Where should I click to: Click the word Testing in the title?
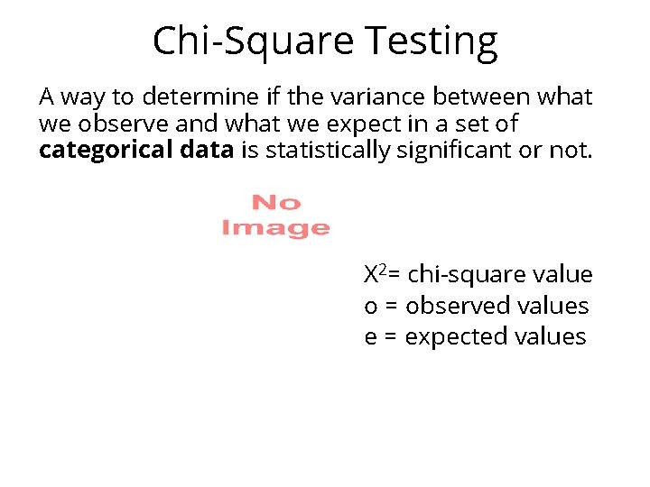coord(432,41)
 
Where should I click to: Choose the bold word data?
coord(207,151)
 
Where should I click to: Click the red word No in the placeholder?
coord(275,204)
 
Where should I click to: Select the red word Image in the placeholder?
coord(275,228)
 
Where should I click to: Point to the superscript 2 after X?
coord(382,271)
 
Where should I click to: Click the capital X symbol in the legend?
coord(370,275)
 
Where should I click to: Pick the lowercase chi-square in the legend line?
coord(461,275)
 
